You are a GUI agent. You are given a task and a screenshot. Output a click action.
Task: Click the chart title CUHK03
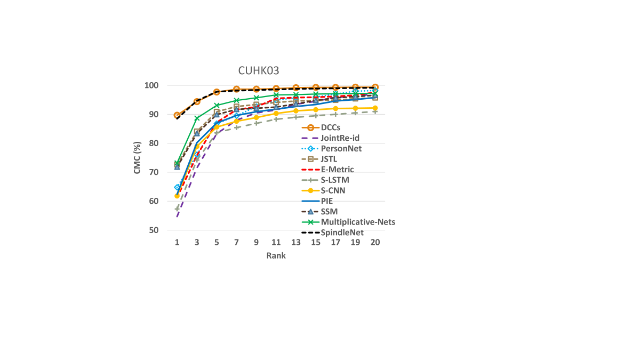pyautogui.click(x=258, y=71)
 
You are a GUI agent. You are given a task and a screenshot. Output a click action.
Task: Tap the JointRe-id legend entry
pyautogui.click(x=340, y=138)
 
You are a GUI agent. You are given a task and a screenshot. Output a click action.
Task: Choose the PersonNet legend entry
pyautogui.click(x=341, y=148)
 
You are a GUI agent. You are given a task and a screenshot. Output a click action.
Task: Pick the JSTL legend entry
pyautogui.click(x=329, y=159)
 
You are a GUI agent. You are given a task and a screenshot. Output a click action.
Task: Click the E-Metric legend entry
pyautogui.click(x=337, y=170)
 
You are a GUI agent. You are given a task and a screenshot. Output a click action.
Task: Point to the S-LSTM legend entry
pyautogui.click(x=335, y=180)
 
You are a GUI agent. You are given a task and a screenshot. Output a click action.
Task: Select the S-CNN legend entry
pyautogui.click(x=333, y=190)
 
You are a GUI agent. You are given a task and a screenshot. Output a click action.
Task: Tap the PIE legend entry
pyautogui.click(x=327, y=201)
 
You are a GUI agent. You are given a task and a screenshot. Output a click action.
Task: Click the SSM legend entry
pyautogui.click(x=329, y=212)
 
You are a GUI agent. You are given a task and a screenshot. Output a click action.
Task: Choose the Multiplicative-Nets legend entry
pyautogui.click(x=357, y=222)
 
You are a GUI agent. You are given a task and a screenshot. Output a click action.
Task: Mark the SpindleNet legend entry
pyautogui.click(x=342, y=233)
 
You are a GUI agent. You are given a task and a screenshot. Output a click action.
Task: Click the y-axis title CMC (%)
pyautogui.click(x=138, y=158)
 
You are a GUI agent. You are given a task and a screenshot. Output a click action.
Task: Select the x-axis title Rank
pyautogui.click(x=276, y=255)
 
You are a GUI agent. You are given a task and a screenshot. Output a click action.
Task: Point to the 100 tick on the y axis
pyautogui.click(x=153, y=85)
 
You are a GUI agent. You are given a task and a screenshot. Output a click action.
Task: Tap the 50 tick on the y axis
pyautogui.click(x=155, y=230)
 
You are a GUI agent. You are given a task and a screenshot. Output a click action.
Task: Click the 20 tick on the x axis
pyautogui.click(x=375, y=242)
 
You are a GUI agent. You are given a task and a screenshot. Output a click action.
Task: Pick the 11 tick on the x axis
pyautogui.click(x=276, y=242)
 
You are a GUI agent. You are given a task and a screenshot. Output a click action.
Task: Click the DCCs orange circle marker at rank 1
pyautogui.click(x=177, y=115)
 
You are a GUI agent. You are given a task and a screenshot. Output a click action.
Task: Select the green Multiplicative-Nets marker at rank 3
pyautogui.click(x=197, y=118)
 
